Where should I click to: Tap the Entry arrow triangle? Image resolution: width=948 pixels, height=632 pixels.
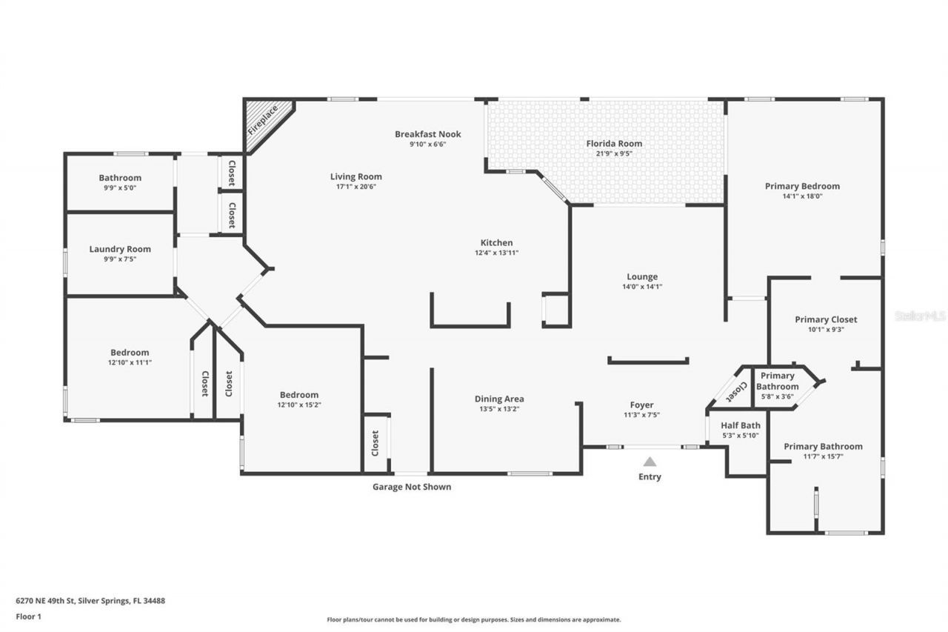coord(650,462)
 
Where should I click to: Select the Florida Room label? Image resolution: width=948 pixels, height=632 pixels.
coord(614,144)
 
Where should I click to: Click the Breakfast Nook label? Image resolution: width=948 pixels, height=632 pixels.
coord(427,134)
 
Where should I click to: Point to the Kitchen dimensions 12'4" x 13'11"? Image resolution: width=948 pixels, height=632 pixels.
coord(496,253)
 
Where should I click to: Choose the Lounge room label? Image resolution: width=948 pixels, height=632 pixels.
coord(641,277)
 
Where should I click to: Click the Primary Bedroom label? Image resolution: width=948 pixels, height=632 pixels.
coord(802,186)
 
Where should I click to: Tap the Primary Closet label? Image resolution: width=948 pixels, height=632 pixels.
coord(826,319)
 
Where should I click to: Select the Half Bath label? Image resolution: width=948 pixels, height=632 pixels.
coord(741,425)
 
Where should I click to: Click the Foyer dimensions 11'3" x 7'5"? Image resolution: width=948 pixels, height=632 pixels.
coord(641,415)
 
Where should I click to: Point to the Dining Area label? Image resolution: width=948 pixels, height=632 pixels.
coord(499,399)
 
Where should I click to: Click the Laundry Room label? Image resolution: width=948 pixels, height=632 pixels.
coord(120,249)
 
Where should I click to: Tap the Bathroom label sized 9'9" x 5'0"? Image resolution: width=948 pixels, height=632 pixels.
coord(120,178)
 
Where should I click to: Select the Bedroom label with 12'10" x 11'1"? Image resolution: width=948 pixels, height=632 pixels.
coord(130,353)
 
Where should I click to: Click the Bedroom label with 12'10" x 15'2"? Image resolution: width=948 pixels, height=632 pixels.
coord(298,395)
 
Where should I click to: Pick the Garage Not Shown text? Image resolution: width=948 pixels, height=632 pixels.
coord(411,487)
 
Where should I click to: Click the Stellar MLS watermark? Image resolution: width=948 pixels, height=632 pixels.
coord(920,316)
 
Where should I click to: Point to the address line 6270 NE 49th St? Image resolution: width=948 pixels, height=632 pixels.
coord(90,601)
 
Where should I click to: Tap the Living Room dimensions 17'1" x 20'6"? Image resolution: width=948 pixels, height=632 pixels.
coord(356,187)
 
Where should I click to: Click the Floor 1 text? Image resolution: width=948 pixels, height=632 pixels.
coord(27,616)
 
